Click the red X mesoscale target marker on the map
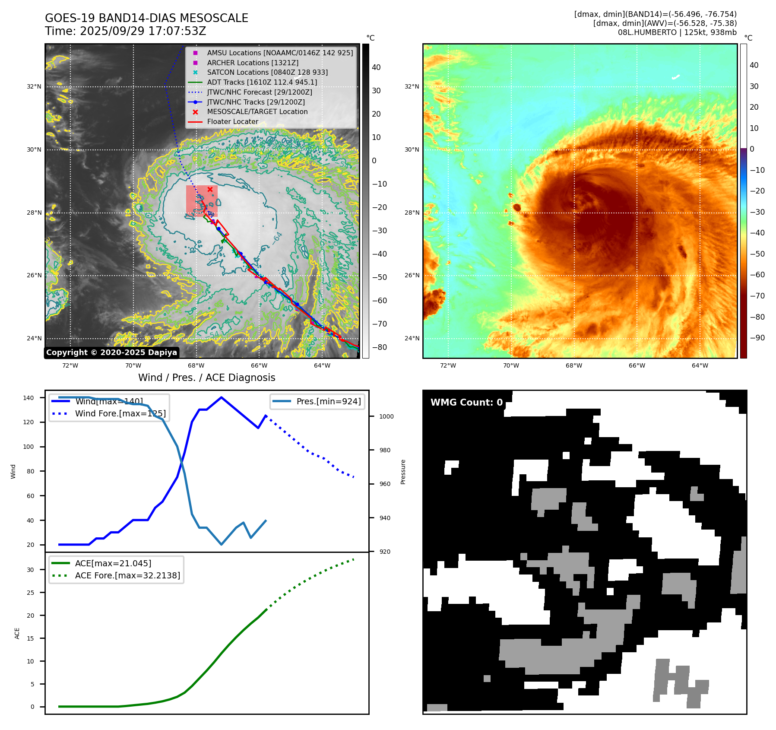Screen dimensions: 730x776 (210, 189)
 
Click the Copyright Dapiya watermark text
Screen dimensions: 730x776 (111, 352)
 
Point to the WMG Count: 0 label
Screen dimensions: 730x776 (466, 403)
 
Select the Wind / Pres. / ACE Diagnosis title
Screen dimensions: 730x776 (206, 378)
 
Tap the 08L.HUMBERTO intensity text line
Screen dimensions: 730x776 (677, 32)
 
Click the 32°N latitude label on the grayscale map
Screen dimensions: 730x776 (34, 86)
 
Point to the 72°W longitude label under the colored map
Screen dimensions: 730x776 (448, 365)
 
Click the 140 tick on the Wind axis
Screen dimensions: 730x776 (29, 398)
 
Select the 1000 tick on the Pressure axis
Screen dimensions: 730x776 (386, 416)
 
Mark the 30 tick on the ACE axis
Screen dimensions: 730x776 (30, 570)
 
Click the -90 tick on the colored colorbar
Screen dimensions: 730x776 (757, 338)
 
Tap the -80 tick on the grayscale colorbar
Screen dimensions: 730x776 (380, 347)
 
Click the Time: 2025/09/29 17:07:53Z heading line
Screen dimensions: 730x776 (125, 31)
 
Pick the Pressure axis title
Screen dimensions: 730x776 (403, 472)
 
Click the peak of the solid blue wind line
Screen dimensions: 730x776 (221, 397)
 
